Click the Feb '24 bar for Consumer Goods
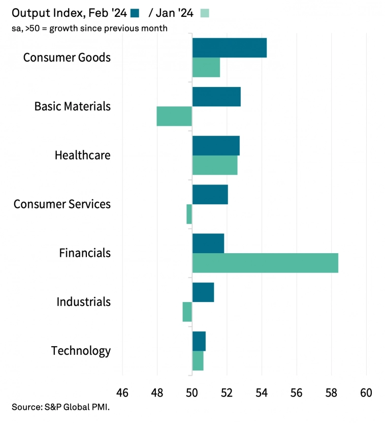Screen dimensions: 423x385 point(230,48)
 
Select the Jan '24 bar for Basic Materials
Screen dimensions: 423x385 point(174,116)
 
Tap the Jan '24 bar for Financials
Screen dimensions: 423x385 point(265,262)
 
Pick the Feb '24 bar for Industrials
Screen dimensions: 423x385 point(203,292)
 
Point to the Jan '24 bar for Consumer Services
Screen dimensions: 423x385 point(189,214)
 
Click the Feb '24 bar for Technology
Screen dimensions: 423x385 point(199,341)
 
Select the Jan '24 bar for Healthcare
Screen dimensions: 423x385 point(215,165)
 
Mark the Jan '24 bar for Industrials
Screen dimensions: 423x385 point(187,312)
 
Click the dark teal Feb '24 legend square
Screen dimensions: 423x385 point(135,13)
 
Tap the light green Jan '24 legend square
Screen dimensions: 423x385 point(204,13)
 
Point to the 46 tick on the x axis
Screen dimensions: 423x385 point(122,393)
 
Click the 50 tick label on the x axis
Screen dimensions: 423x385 point(192,393)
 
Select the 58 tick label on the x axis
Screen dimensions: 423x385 point(331,393)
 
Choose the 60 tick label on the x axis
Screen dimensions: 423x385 point(366,393)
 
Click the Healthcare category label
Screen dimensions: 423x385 point(82,155)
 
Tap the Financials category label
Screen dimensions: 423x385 point(85,253)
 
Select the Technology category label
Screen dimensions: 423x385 point(81,351)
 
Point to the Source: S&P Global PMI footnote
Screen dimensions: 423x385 point(61,407)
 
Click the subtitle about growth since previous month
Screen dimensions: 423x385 point(89,28)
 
